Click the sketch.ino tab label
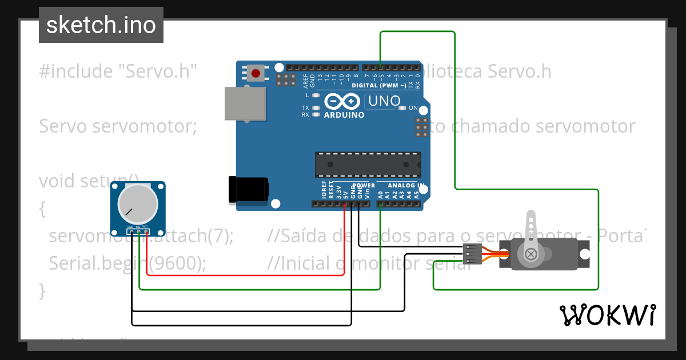[x=101, y=25]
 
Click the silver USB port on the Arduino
[x=245, y=103]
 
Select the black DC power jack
[x=248, y=189]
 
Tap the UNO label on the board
[x=384, y=101]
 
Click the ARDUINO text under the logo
[x=344, y=115]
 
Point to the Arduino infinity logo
[x=343, y=102]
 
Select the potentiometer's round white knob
[x=137, y=205]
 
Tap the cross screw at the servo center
[x=531, y=254]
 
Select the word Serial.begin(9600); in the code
[x=127, y=263]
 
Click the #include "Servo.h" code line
[x=118, y=71]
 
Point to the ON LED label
[x=413, y=108]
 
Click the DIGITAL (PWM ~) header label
[x=378, y=85]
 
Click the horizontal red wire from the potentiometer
[x=246, y=275]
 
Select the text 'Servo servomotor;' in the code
[x=117, y=126]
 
